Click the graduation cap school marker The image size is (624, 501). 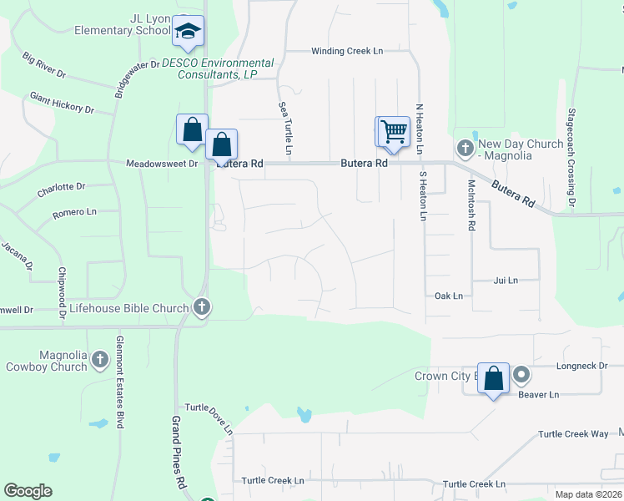188,33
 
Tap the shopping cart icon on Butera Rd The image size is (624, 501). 393,131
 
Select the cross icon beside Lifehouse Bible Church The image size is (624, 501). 201,308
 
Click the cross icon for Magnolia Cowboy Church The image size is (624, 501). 99,360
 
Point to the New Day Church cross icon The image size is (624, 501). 465,149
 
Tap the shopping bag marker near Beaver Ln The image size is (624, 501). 493,377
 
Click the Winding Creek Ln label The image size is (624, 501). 347,51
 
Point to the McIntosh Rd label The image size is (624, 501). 472,205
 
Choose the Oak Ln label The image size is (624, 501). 448,296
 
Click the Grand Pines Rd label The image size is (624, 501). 179,452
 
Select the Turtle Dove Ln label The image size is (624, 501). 209,418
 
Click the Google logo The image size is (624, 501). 28,491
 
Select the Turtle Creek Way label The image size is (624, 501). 573,434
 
